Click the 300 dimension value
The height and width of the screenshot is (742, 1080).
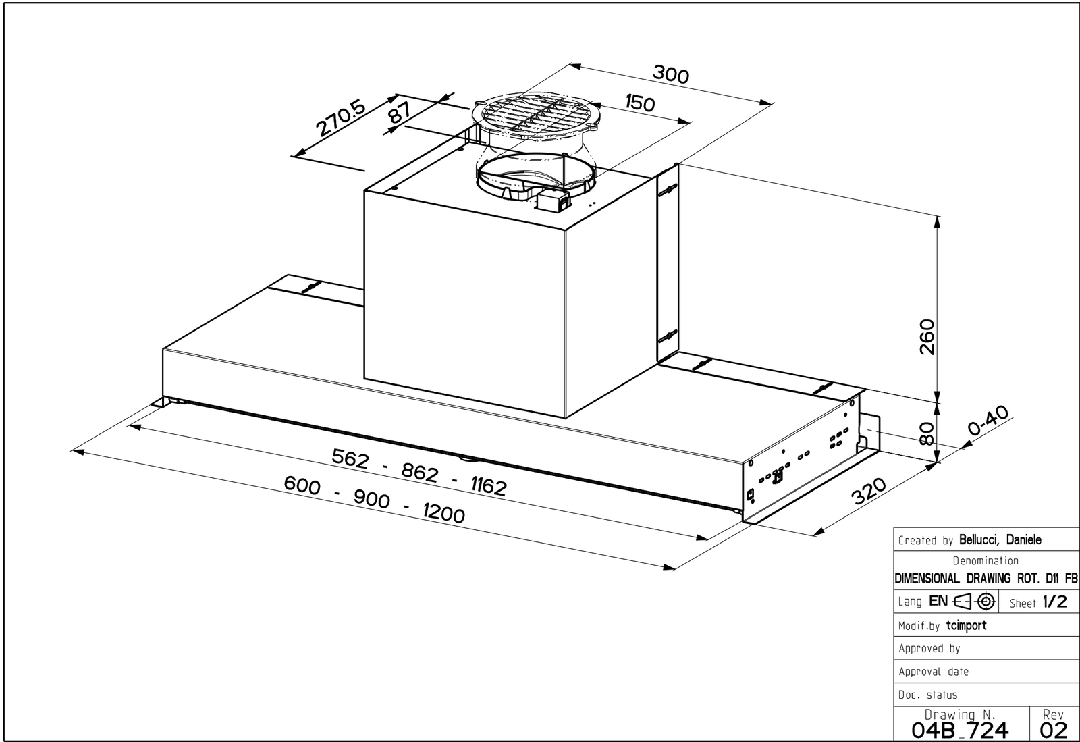(671, 74)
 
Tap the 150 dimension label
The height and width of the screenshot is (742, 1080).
(640, 103)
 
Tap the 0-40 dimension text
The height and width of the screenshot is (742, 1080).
(987, 420)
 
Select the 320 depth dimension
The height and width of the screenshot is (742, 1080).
(869, 491)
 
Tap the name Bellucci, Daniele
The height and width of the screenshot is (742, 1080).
(1000, 539)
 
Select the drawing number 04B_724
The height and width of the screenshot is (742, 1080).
(960, 729)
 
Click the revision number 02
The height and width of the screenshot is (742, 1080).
(1054, 729)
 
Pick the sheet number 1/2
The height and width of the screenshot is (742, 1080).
(1054, 602)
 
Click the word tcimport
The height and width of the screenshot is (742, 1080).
(966, 625)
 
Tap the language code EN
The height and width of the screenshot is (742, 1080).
(938, 601)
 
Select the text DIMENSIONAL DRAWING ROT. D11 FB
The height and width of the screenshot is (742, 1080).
(986, 579)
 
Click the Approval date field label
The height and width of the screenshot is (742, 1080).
(934, 672)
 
